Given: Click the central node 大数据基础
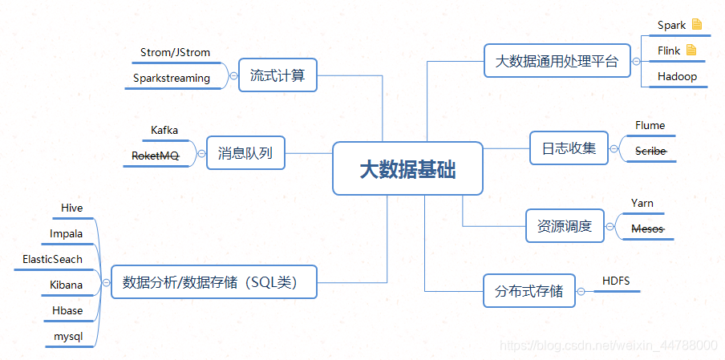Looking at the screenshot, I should [407, 168].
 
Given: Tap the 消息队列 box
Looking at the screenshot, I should [245, 152].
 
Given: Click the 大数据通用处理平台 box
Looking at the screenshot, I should [557, 61].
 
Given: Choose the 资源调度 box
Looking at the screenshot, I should [564, 226].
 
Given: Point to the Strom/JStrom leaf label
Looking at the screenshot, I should [175, 52].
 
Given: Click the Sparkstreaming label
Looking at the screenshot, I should [172, 78].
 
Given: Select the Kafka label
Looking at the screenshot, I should [164, 130].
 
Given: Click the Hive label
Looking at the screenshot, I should [71, 208].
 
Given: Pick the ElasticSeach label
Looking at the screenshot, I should [53, 259].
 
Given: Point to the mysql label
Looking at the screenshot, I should [68, 337].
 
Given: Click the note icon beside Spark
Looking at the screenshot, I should [697, 25].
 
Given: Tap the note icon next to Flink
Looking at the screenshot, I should [691, 51].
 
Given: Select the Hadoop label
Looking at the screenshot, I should [677, 76].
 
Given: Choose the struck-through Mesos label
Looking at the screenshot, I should [648, 229].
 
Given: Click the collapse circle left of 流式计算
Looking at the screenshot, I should [233, 77].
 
